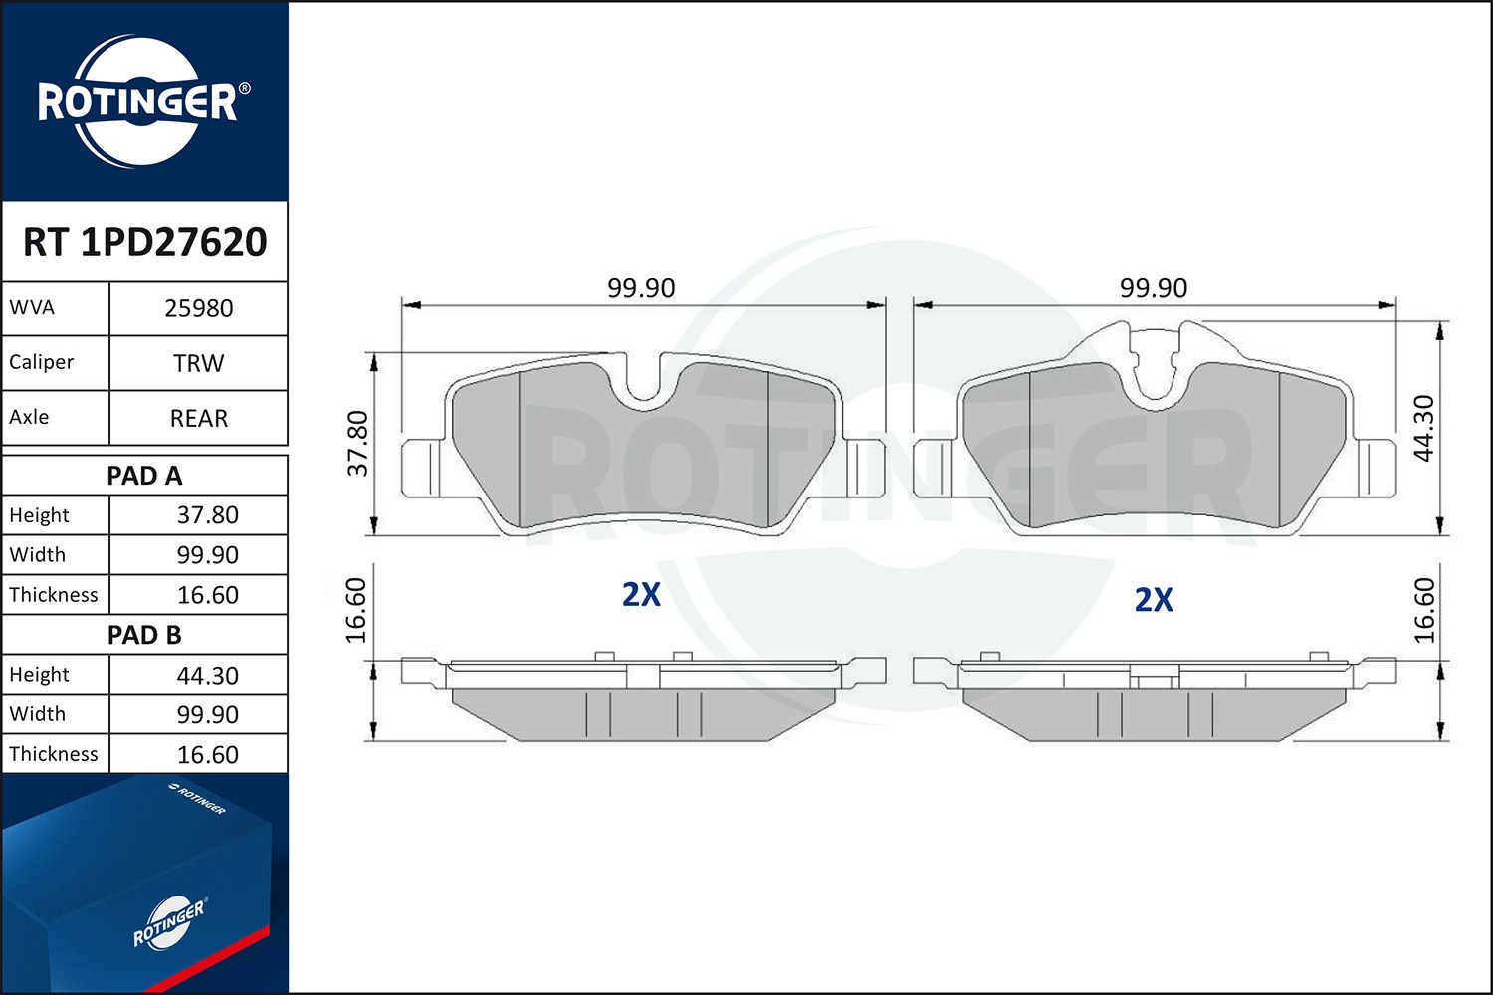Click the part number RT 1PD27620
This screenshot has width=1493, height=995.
click(x=144, y=241)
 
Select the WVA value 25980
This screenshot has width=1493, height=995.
click(x=199, y=308)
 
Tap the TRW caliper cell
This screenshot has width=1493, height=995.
click(x=199, y=363)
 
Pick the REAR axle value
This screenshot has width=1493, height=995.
click(x=199, y=418)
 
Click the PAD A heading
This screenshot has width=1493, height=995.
click(x=144, y=476)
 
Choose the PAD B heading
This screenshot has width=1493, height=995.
click(x=144, y=635)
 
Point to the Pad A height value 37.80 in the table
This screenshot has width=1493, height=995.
click(x=207, y=515)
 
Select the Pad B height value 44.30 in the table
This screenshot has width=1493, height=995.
click(x=207, y=675)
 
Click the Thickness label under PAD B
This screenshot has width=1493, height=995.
click(x=54, y=754)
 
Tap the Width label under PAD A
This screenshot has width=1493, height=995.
click(x=38, y=554)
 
